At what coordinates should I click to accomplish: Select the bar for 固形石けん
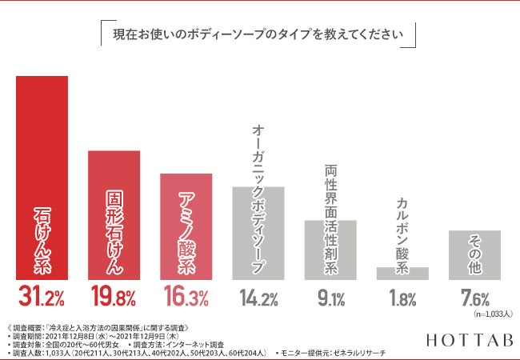114,214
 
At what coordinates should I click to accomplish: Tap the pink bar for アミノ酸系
186,226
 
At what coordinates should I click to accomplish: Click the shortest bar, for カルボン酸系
402,274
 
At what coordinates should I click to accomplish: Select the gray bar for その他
474,254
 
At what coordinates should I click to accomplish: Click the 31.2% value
42,298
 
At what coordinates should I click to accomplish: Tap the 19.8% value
113,298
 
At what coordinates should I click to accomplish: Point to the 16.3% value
186,298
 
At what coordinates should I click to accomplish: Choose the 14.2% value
258,299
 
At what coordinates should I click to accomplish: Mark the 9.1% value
330,299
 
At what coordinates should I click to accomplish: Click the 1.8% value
402,299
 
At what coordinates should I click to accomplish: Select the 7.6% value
474,298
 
